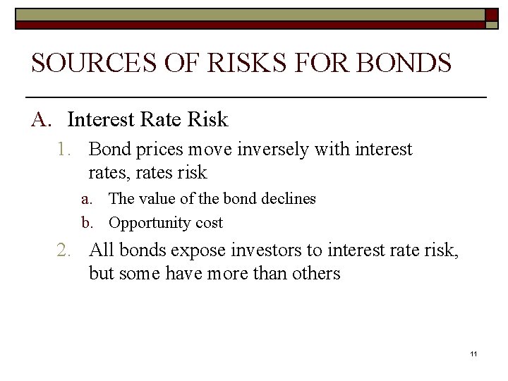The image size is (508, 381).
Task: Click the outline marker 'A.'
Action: pyautogui.click(x=41, y=120)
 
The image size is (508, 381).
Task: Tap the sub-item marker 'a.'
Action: pyautogui.click(x=87, y=199)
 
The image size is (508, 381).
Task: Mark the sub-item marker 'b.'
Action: pyautogui.click(x=87, y=223)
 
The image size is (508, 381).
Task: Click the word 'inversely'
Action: pyautogui.click(x=279, y=150)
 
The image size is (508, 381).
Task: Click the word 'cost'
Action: pyautogui.click(x=208, y=223)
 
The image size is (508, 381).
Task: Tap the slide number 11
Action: pyautogui.click(x=473, y=353)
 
